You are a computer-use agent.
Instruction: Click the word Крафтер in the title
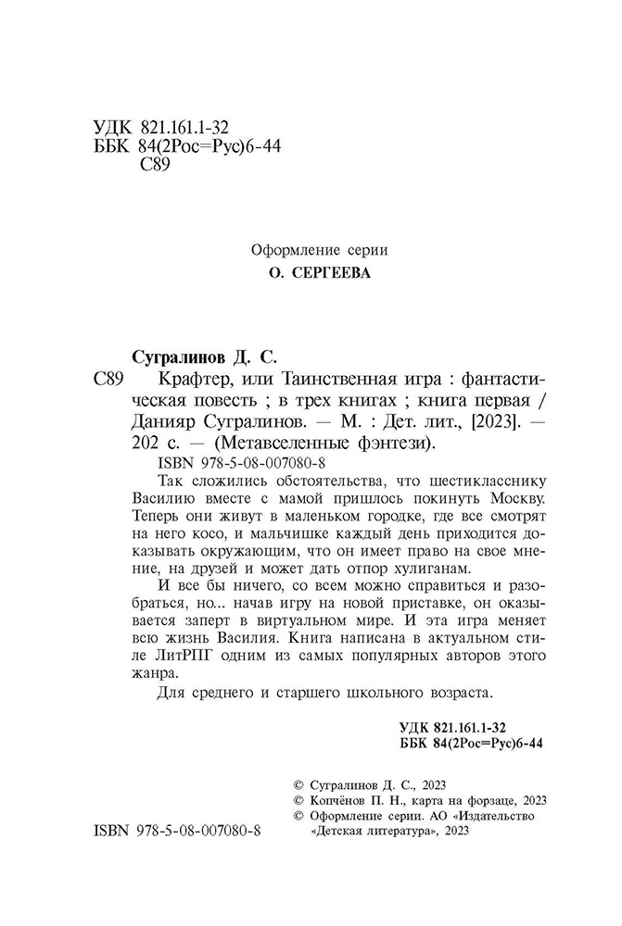pos(171,380)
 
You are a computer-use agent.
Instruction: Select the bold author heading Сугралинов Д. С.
pos(200,357)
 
